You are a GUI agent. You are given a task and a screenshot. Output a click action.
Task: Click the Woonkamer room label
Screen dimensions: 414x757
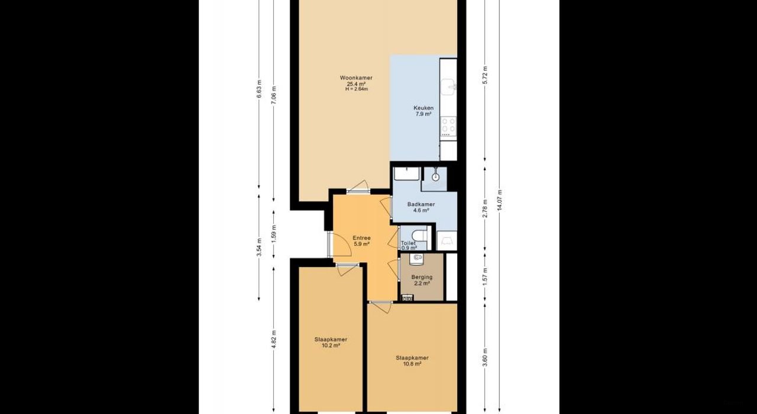356,78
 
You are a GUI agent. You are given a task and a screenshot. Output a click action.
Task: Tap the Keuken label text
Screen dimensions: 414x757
423,108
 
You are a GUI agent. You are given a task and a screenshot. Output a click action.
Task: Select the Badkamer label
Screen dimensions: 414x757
420,204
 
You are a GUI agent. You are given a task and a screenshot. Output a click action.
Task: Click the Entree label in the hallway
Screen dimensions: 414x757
361,238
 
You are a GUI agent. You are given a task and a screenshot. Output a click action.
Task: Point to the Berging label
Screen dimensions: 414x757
422,277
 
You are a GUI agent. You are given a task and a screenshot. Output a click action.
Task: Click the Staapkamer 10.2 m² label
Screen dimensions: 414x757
331,340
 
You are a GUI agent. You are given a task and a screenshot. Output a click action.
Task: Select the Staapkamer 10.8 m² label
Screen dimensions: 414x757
412,358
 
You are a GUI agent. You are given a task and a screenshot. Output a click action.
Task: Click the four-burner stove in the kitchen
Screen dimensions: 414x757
448,125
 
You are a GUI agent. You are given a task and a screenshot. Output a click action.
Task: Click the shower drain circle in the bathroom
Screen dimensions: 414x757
436,177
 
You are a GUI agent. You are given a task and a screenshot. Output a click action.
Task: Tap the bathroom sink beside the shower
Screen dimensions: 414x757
407,174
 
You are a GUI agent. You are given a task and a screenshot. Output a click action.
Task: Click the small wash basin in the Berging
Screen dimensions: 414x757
418,257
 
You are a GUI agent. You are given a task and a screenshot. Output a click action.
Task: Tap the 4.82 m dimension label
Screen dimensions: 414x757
274,340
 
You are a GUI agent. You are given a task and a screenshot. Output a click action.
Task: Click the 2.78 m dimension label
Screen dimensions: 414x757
485,208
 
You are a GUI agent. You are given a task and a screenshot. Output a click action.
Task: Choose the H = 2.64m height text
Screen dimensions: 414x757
356,89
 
